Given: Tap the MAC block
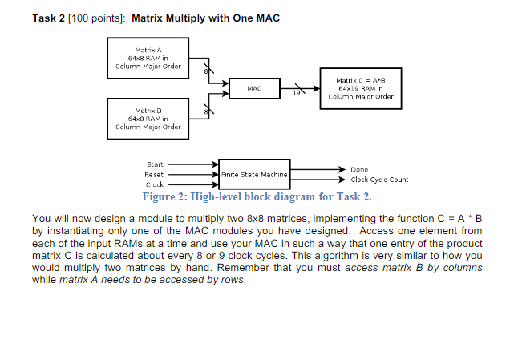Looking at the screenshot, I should click(x=254, y=88).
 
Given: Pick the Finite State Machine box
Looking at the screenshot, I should click(x=253, y=173).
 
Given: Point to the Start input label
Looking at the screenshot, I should click(x=154, y=164).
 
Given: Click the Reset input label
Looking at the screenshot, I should click(x=154, y=173).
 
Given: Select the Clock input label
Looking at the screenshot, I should click(x=154, y=184).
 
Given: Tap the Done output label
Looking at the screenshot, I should click(x=358, y=169).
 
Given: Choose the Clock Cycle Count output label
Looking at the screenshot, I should click(x=379, y=180).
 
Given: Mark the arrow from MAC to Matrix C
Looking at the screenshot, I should click(x=302, y=87).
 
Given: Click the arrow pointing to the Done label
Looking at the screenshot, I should click(x=318, y=169).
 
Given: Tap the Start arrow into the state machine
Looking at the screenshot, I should click(x=191, y=164).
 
